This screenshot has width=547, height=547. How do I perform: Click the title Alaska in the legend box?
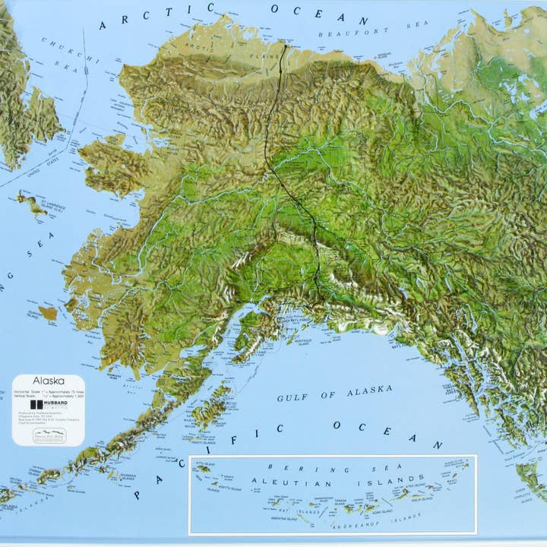48,381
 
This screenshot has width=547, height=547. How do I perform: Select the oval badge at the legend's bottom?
49,435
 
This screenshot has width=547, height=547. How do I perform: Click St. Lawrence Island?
33,203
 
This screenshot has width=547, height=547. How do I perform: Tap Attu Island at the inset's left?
203,469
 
